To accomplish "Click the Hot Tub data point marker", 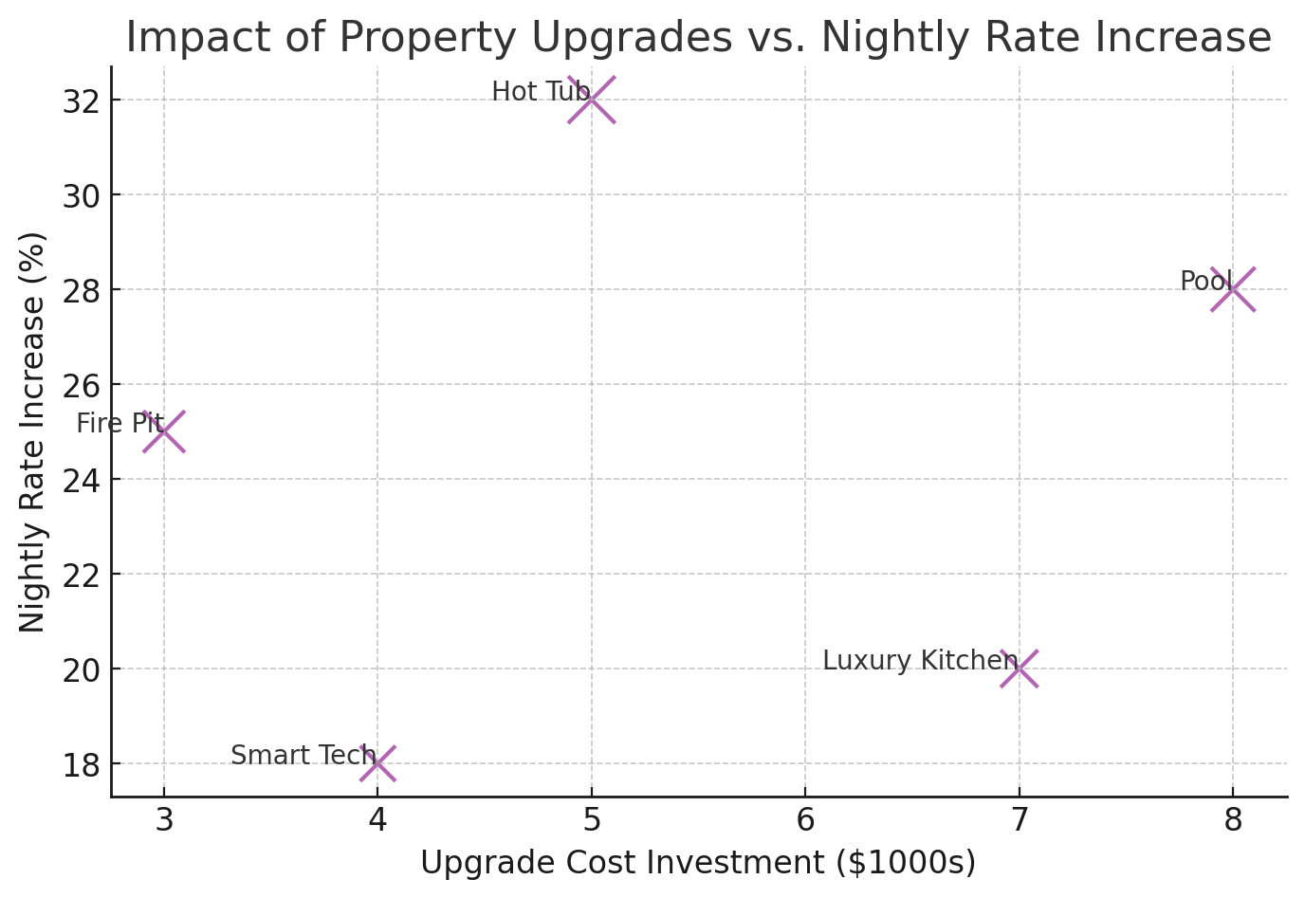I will (592, 100).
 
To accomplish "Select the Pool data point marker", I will (1233, 289).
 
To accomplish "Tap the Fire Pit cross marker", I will (164, 431).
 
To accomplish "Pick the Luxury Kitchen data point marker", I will (1020, 669).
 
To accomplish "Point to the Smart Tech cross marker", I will (377, 763).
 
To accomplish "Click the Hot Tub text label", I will (541, 92).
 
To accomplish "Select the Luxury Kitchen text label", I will (919, 661).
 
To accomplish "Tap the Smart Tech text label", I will (303, 756).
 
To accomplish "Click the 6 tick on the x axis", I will (805, 819).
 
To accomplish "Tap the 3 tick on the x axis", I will (164, 819).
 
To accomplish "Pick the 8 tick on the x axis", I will (1233, 819).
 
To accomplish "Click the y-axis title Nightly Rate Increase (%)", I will (33, 431).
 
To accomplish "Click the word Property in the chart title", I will (428, 38).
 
